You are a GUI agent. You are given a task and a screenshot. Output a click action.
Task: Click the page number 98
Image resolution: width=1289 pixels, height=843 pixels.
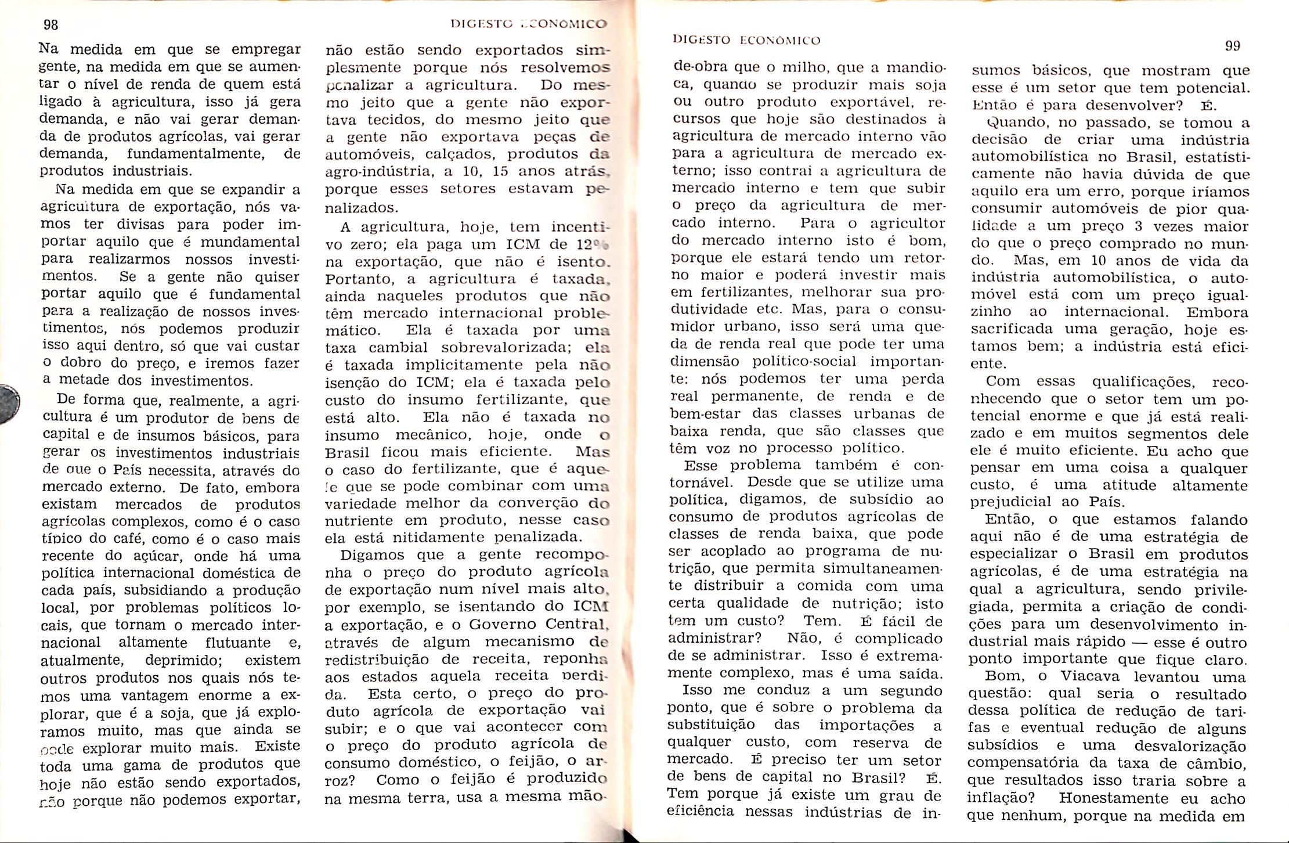(51, 25)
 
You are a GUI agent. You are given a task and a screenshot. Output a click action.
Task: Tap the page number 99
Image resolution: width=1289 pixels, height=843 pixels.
(1232, 46)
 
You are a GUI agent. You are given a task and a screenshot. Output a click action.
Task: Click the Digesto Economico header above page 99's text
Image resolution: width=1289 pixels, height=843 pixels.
(746, 40)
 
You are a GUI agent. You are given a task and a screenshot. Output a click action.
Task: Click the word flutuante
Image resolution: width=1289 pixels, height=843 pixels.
(238, 643)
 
